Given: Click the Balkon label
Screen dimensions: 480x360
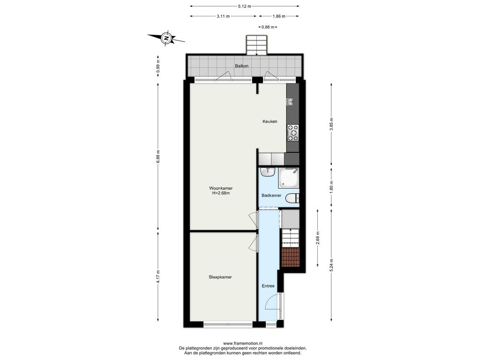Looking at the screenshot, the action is click(241, 66).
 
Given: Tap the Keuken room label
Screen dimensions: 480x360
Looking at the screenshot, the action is click(270, 121).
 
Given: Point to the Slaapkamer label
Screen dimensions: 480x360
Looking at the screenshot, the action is click(220, 277).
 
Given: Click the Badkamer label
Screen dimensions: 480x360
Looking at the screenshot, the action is click(271, 195).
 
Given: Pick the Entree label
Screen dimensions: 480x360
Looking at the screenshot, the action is click(268, 286).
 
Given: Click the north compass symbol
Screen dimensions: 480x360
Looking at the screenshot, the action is click(166, 38).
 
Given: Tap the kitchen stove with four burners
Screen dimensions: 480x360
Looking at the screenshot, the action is click(293, 133).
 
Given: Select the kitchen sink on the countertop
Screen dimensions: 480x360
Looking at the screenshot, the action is click(290, 101).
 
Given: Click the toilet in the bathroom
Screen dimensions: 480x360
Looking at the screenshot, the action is click(292, 199).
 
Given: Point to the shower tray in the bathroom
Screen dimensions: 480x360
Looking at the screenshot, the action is click(288, 178).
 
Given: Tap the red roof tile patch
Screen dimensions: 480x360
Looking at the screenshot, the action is click(290, 257).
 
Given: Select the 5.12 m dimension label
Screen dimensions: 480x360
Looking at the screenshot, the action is click(245, 6).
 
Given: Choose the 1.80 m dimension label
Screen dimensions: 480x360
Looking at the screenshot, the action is click(331, 187).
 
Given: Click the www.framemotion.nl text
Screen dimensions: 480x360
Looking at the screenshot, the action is click(243, 344).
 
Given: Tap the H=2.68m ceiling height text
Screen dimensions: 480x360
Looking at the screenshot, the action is click(221, 193).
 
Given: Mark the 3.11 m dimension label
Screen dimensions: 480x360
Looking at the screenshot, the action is click(223, 16).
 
